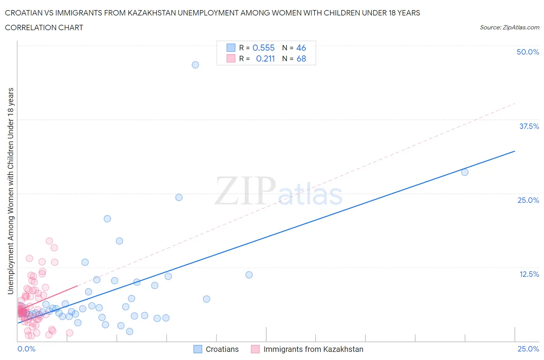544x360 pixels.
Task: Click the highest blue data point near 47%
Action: coord(195,65)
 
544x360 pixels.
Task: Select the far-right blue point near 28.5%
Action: coord(465,172)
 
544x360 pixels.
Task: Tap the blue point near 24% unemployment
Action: coord(179,197)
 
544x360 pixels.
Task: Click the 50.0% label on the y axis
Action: coord(528,52)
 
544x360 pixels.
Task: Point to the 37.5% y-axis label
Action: coord(529,126)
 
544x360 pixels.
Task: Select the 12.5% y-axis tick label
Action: coord(529,274)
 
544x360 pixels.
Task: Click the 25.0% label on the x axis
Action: coord(528,349)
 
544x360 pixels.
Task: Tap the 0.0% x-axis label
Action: coord(26,349)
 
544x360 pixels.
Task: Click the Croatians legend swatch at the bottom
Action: coord(198,349)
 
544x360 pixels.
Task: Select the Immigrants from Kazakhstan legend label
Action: coord(313,349)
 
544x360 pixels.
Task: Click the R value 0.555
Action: coord(263,48)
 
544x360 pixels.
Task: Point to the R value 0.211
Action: coord(265,58)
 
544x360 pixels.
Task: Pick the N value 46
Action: coord(301,48)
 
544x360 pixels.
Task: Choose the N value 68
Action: coord(301,58)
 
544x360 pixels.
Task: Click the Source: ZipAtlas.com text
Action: coord(509,27)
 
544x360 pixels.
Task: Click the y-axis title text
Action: coord(10,191)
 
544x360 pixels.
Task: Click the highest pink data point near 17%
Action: coord(49,241)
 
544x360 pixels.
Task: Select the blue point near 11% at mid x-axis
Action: coord(249,275)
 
